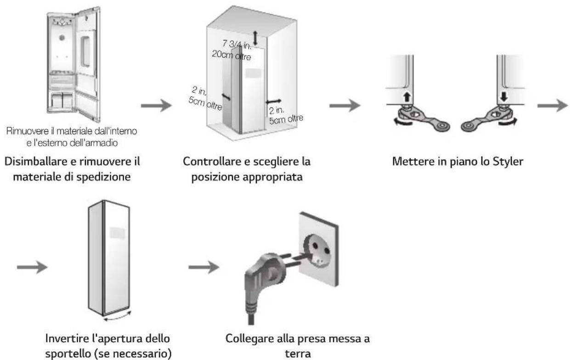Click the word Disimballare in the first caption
[x=37, y=161]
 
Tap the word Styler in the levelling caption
[x=508, y=162]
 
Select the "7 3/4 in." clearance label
[x=237, y=45]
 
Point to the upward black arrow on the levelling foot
[x=407, y=97]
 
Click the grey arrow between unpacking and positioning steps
[x=156, y=106]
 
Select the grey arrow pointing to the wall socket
[x=204, y=267]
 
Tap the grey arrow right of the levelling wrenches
[x=553, y=106]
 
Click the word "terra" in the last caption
[x=298, y=354]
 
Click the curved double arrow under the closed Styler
[x=117, y=317]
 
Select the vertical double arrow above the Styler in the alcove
[x=255, y=38]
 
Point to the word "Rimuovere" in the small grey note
[x=27, y=131]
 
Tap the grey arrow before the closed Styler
[x=32, y=267]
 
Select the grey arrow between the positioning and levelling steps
[x=345, y=106]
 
